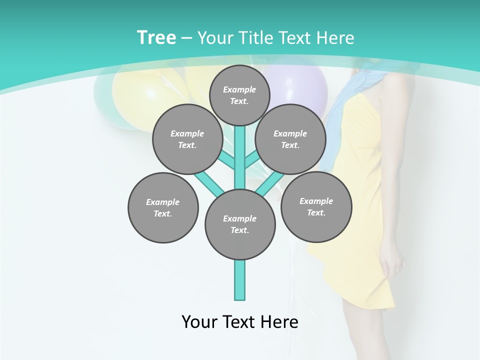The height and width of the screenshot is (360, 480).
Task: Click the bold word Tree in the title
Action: pos(156,37)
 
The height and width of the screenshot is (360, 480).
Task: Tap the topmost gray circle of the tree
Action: pos(239,95)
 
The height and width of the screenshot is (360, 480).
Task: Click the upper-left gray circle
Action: pos(187,139)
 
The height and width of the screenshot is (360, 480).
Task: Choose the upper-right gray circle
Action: pos(290,139)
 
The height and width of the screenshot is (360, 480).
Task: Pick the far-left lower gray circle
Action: pos(163,207)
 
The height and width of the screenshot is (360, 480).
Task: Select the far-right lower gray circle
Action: pos(316,206)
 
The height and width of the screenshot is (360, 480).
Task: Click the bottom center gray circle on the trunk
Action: pos(240,224)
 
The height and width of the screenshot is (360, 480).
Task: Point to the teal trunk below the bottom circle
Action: pos(240,280)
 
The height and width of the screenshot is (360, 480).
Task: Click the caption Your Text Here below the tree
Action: pos(239,322)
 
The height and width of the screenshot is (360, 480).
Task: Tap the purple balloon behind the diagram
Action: pos(300,85)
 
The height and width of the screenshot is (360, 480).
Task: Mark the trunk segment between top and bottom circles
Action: pos(240,160)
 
